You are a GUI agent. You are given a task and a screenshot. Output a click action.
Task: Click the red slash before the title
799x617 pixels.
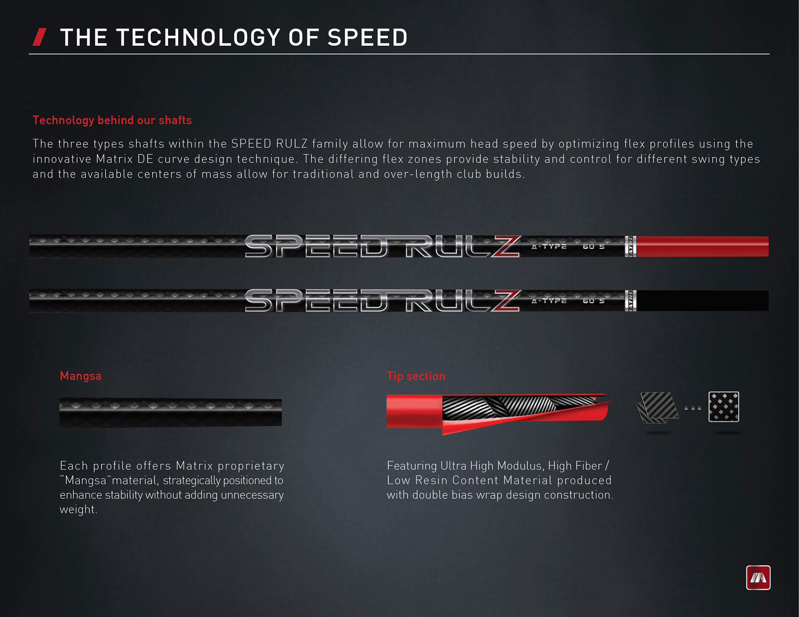click(x=40, y=37)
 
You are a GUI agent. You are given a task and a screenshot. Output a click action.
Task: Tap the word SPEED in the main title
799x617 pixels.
click(x=367, y=37)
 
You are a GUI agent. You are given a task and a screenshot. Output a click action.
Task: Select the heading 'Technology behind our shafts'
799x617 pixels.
click(x=112, y=120)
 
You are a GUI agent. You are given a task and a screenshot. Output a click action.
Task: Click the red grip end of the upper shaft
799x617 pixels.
click(x=702, y=246)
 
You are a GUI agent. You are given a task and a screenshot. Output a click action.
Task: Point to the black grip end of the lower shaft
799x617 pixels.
click(x=702, y=301)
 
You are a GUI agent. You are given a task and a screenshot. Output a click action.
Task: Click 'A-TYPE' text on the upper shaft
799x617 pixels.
click(x=549, y=247)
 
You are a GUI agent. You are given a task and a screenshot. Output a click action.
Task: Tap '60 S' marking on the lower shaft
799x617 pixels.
click(x=593, y=301)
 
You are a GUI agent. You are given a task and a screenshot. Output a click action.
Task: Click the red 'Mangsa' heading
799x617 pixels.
click(x=81, y=376)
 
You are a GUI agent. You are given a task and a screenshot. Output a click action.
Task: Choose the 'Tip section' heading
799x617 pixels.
click(x=416, y=376)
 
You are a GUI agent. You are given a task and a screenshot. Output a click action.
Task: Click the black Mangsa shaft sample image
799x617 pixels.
click(x=171, y=412)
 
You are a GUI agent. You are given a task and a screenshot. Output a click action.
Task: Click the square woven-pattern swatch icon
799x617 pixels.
click(x=724, y=407)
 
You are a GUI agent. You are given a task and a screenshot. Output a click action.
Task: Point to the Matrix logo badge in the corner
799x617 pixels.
click(x=758, y=578)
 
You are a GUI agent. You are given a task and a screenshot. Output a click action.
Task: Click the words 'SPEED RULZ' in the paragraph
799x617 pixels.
click(x=269, y=144)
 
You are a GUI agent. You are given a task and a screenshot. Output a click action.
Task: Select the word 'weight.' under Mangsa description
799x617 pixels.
click(x=78, y=509)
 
